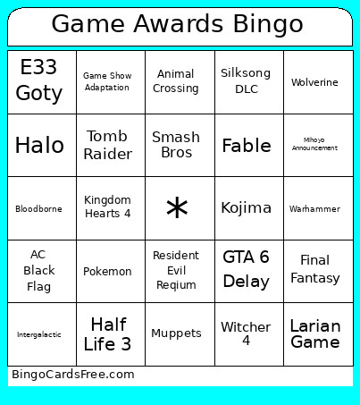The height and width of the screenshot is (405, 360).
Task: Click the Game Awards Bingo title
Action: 177,23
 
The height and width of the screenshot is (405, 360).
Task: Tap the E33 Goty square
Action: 40,81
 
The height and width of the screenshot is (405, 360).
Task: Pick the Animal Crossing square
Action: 176,81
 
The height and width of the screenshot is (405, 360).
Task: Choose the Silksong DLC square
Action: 246,81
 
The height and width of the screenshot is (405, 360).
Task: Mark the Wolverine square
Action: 314,82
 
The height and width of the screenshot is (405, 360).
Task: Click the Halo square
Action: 40,145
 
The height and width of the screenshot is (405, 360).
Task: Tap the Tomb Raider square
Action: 107,145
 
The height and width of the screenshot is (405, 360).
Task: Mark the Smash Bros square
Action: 176,145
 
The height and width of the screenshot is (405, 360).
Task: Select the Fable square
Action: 246,146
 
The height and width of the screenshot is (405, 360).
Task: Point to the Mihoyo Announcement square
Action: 314,144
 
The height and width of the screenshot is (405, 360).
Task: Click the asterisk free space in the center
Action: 177,208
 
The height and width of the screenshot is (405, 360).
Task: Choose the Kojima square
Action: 246,208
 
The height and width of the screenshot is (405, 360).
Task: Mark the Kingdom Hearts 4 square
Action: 107,207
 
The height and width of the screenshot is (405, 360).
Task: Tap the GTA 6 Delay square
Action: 246,269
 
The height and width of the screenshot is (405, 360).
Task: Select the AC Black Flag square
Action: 39,270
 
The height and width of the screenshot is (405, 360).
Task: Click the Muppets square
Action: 176,333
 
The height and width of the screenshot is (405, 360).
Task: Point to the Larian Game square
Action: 314,333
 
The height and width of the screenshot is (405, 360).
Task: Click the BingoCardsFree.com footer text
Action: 73,375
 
